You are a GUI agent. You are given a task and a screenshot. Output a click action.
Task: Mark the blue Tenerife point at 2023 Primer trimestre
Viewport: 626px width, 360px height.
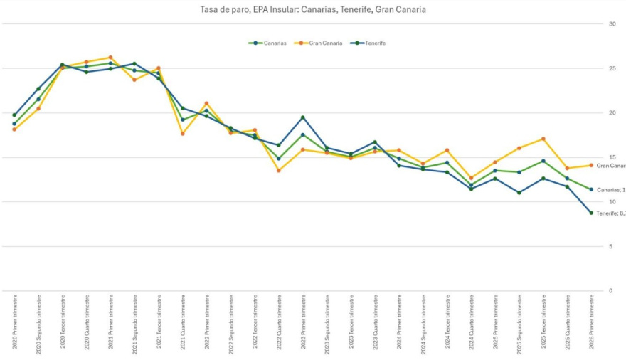pyautogui.click(x=303, y=117)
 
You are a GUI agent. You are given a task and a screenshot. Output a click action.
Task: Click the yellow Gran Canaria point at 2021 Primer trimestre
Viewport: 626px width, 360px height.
pyautogui.click(x=111, y=58)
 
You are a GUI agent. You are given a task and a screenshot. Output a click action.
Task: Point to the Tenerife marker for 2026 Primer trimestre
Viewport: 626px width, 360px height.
pyautogui.click(x=591, y=213)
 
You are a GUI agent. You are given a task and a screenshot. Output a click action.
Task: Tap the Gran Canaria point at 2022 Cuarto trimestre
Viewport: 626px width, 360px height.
pyautogui.click(x=279, y=171)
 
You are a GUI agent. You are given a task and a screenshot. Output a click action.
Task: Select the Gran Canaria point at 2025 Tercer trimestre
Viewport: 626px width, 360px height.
pyautogui.click(x=543, y=139)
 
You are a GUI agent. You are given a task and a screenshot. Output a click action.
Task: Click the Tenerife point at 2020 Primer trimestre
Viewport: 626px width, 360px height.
pyautogui.click(x=14, y=115)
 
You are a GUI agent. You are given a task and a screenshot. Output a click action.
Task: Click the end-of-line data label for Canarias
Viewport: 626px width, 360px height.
pyautogui.click(x=610, y=190)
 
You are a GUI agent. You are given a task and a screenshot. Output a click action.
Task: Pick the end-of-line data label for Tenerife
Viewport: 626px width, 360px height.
pyautogui.click(x=610, y=213)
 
